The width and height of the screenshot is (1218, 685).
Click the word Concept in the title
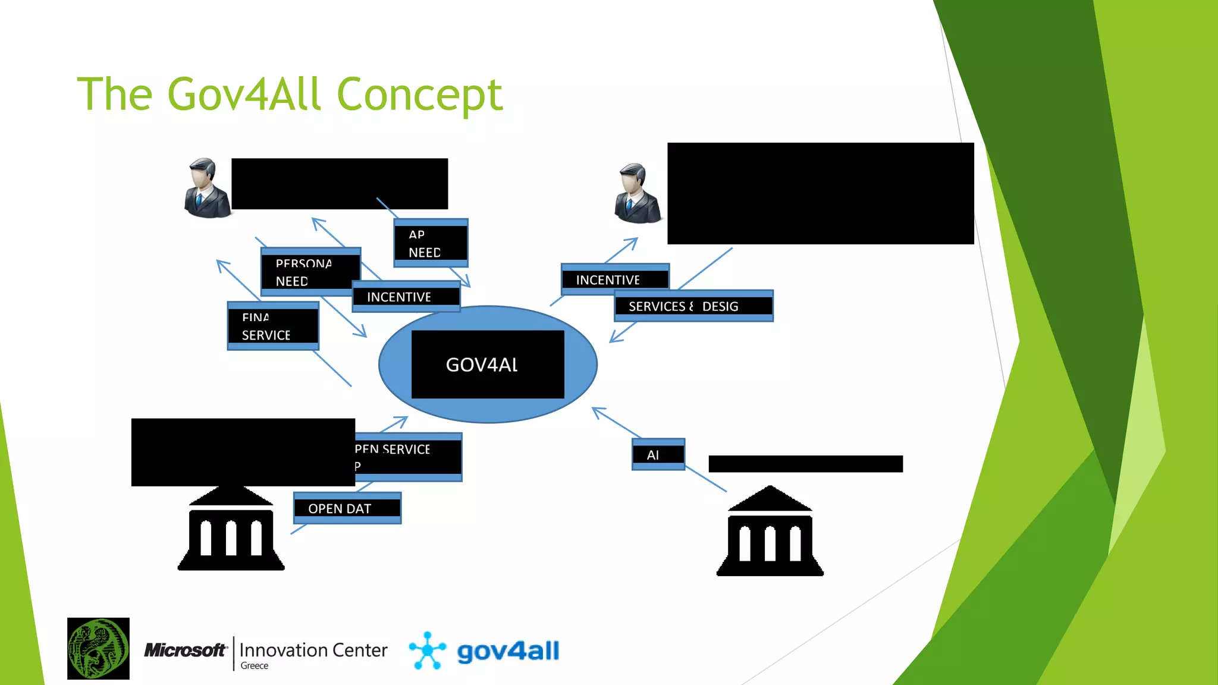pos(419,95)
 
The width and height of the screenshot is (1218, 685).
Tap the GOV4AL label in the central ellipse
pos(482,365)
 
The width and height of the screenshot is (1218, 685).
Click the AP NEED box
pos(431,243)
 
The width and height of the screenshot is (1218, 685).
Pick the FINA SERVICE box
pos(273,326)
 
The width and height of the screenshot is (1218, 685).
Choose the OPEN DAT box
pos(347,508)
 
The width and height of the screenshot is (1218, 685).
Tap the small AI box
pos(658,455)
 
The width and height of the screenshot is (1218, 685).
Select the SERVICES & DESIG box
pos(693,306)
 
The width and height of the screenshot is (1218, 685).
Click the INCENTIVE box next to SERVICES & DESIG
pos(615,279)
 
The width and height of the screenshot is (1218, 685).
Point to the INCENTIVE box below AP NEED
pos(406,297)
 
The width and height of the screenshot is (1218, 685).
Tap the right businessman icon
pos(637,194)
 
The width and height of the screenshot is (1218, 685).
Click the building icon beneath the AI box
pos(770,532)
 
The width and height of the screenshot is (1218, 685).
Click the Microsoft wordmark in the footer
pos(186,651)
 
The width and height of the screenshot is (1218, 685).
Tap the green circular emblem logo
pos(98,649)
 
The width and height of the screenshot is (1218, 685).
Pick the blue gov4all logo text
pos(508,651)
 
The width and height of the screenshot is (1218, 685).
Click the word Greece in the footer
pos(255,666)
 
